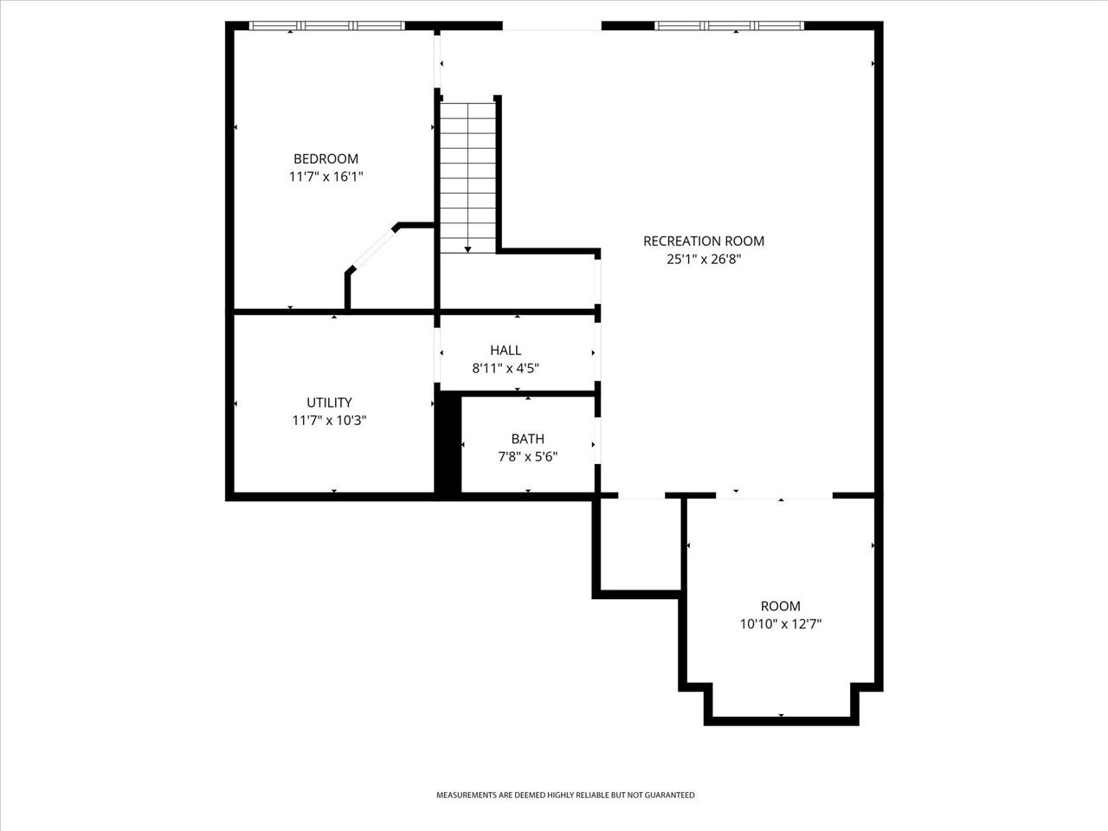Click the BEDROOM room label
(x=325, y=158)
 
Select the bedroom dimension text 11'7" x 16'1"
(x=325, y=177)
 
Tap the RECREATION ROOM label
(x=704, y=241)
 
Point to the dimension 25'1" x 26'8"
(x=704, y=259)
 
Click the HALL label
(x=506, y=350)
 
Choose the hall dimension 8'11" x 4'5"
(x=506, y=368)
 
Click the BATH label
(x=527, y=439)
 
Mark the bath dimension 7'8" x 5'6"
(x=527, y=457)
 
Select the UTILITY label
(x=329, y=403)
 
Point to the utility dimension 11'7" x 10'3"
(x=329, y=421)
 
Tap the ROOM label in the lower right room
(x=780, y=606)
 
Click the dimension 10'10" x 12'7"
(x=780, y=624)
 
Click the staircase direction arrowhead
(x=467, y=249)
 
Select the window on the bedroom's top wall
(x=326, y=26)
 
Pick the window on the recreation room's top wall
(x=729, y=26)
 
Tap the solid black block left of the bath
(x=448, y=445)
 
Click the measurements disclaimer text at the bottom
(x=564, y=795)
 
